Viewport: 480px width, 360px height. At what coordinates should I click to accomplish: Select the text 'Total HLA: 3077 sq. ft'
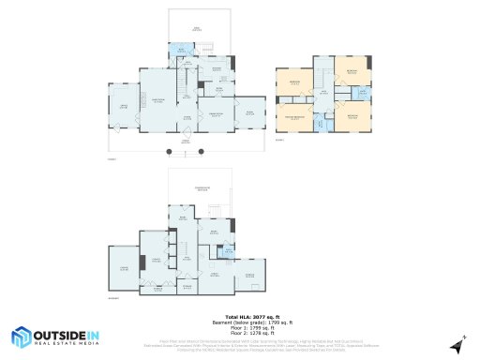click(239, 317)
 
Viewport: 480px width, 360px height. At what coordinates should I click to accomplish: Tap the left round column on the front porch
click(170, 150)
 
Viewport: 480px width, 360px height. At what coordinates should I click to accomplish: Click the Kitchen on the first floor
click(217, 71)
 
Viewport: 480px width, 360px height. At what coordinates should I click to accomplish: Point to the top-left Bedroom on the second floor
click(294, 83)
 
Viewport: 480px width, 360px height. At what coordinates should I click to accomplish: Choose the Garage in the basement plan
click(122, 270)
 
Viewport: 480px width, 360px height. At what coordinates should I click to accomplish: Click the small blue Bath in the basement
click(224, 250)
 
